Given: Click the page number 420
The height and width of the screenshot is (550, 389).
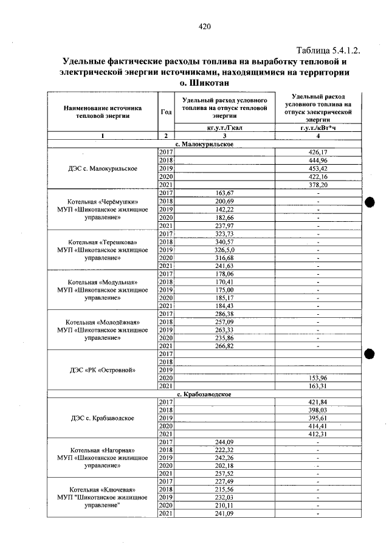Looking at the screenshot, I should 204,26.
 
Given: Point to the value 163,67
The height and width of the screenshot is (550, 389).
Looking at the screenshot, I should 224,193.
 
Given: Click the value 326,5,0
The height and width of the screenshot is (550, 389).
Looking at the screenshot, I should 224,249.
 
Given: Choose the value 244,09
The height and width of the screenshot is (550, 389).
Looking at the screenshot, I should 224,442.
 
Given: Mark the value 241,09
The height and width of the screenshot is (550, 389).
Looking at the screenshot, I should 224,514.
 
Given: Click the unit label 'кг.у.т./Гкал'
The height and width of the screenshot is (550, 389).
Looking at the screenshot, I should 224,127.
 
